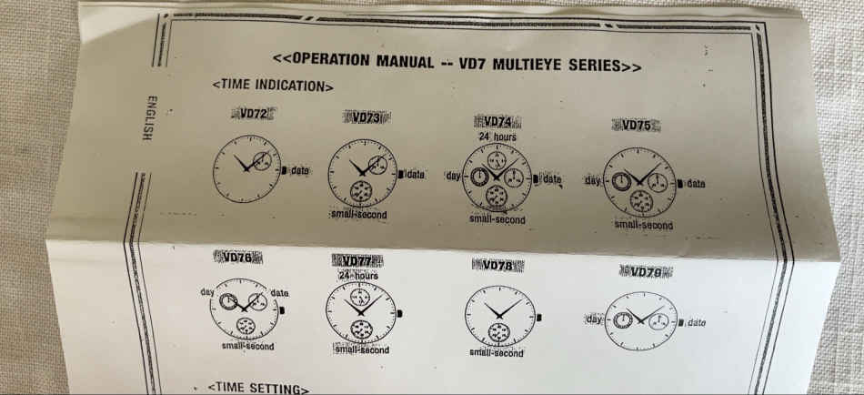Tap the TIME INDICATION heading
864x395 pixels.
click(273, 86)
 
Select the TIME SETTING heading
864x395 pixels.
click(258, 389)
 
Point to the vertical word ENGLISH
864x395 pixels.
click(147, 118)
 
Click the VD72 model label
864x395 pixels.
click(254, 114)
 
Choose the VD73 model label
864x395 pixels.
click(367, 117)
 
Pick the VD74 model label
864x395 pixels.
click(497, 122)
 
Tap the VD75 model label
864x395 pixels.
click(637, 126)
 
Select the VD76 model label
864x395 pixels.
click(238, 257)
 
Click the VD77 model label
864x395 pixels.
click(357, 261)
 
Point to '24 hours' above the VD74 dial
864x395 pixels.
click(497, 136)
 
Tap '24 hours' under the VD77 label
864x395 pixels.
click(358, 275)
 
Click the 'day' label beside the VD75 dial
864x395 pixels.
click(593, 180)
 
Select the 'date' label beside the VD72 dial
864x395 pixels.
click(300, 170)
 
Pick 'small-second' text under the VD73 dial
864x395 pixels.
click(358, 214)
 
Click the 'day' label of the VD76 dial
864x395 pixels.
click(207, 290)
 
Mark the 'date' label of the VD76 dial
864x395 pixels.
click(279, 293)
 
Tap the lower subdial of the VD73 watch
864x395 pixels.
click(361, 191)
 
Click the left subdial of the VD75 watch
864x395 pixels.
click(621, 180)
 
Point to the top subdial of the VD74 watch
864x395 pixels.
click(497, 160)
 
